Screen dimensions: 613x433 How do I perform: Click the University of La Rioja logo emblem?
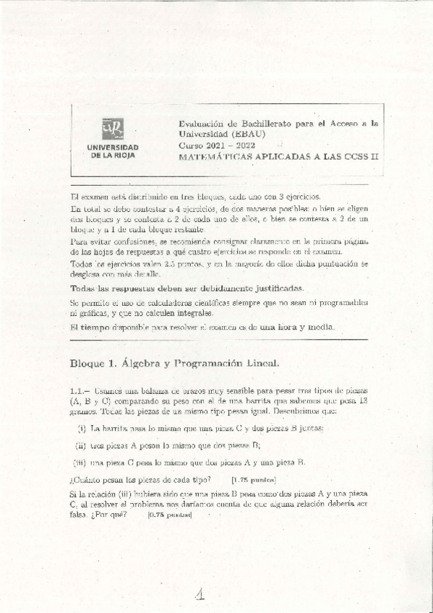coord(112,129)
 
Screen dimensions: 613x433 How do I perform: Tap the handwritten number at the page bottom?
coord(200,593)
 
